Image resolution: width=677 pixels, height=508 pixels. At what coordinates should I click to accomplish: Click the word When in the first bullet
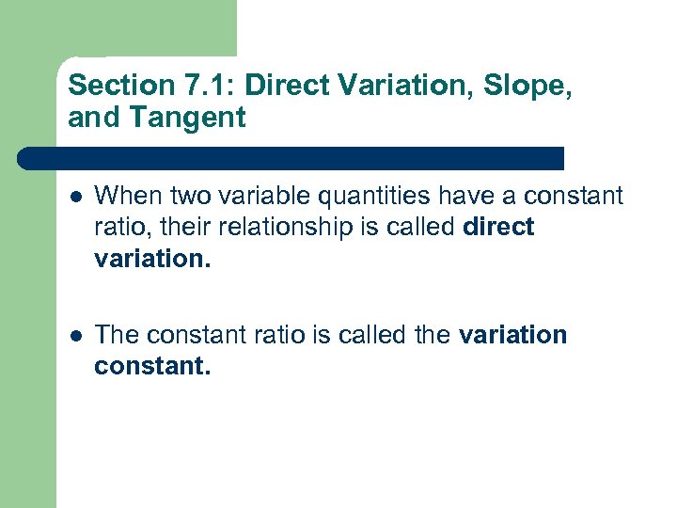[x=126, y=196]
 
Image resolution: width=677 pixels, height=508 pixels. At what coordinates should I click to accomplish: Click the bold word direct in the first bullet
[x=499, y=227]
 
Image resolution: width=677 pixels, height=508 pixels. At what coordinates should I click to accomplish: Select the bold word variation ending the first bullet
[x=152, y=258]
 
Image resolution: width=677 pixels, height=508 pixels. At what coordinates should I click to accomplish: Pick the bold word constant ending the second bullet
[x=152, y=366]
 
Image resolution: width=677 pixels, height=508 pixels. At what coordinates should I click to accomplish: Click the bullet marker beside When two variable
[x=75, y=197]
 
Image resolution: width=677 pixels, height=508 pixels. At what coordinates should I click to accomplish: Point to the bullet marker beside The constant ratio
[x=75, y=336]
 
